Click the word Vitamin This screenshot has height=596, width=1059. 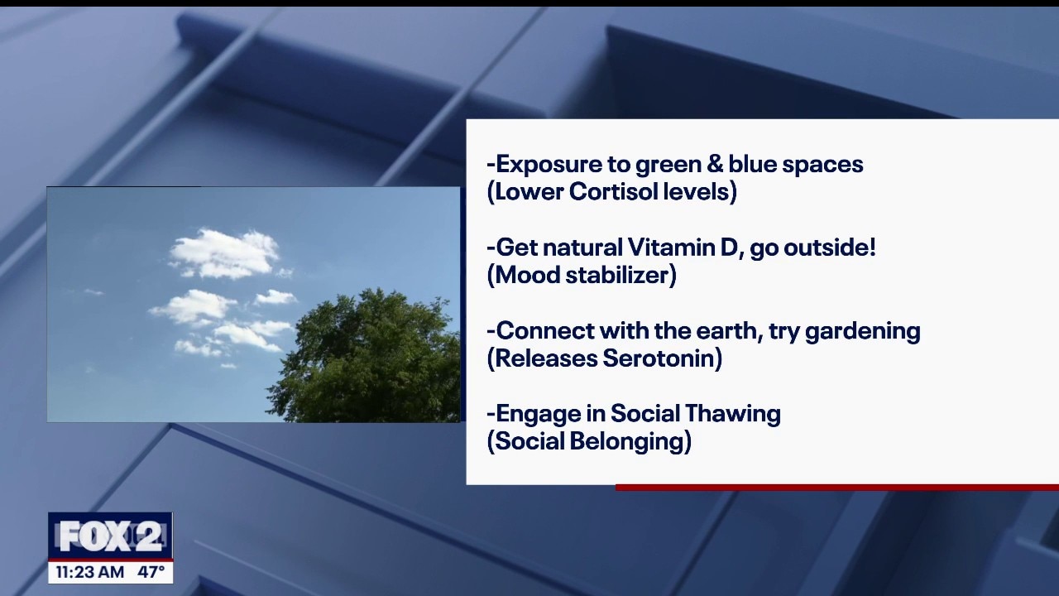tap(680, 248)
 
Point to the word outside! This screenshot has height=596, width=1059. tap(830, 248)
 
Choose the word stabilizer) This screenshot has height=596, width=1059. tap(621, 275)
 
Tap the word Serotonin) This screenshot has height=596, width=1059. tap(663, 358)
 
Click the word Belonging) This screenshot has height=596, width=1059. tap(630, 441)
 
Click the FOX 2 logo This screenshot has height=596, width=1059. tap(111, 536)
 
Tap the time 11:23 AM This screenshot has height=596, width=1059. tap(90, 572)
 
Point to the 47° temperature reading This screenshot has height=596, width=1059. tap(151, 572)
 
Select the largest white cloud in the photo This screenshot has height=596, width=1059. tap(224, 254)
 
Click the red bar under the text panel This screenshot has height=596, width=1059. tap(836, 488)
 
